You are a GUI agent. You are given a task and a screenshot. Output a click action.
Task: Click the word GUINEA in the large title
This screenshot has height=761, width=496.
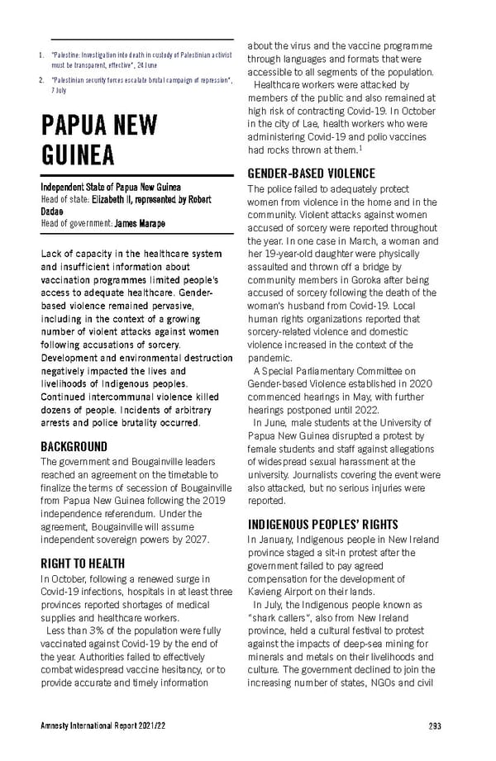[x=79, y=155]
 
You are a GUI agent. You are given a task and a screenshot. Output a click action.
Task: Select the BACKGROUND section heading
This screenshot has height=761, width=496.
[x=74, y=447]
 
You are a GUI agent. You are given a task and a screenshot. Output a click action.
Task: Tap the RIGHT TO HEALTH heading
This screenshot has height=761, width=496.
[x=83, y=564]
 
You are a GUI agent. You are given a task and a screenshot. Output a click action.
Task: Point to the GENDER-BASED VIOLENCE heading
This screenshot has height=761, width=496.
[x=311, y=174]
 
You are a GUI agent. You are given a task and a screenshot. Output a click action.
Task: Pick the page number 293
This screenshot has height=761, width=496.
[x=435, y=726]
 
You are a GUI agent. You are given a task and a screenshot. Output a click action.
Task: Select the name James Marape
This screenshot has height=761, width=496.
[x=139, y=223]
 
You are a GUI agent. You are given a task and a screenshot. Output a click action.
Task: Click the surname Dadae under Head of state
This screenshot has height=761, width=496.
[x=54, y=212]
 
